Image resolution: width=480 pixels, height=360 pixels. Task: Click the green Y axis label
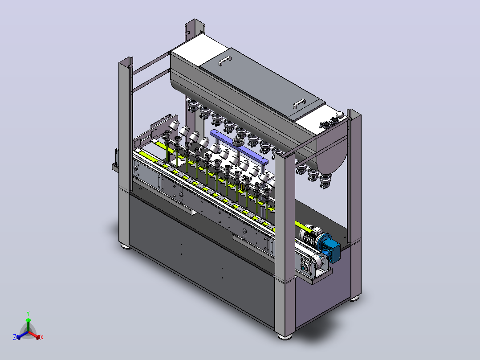[28, 313]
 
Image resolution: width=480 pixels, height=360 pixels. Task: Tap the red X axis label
[42, 337]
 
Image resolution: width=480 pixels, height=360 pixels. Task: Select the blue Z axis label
[15, 337]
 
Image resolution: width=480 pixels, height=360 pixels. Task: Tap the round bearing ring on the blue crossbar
[238, 142]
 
